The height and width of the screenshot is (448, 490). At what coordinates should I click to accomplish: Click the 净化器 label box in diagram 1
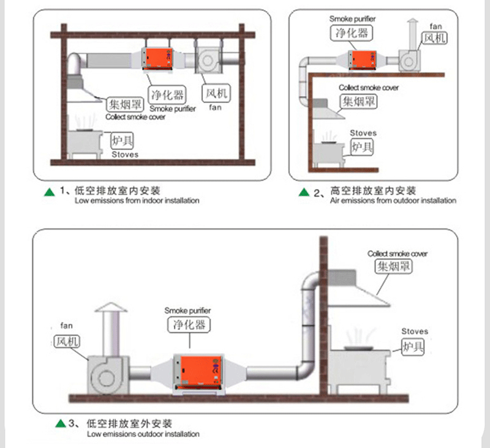(168, 95)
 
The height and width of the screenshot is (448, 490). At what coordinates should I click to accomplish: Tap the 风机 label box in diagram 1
(216, 94)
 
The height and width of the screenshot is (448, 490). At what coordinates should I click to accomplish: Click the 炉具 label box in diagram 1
(121, 141)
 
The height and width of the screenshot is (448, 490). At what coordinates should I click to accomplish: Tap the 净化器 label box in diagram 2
(344, 32)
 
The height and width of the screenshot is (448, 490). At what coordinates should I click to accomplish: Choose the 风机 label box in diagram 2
(435, 39)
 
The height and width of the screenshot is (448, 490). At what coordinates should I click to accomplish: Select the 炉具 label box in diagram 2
(362, 147)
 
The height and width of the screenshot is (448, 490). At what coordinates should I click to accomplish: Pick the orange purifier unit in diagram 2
(363, 59)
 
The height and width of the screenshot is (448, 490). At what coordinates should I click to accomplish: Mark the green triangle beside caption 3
(60, 424)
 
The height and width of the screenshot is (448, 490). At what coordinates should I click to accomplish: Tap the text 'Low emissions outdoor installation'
(143, 435)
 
